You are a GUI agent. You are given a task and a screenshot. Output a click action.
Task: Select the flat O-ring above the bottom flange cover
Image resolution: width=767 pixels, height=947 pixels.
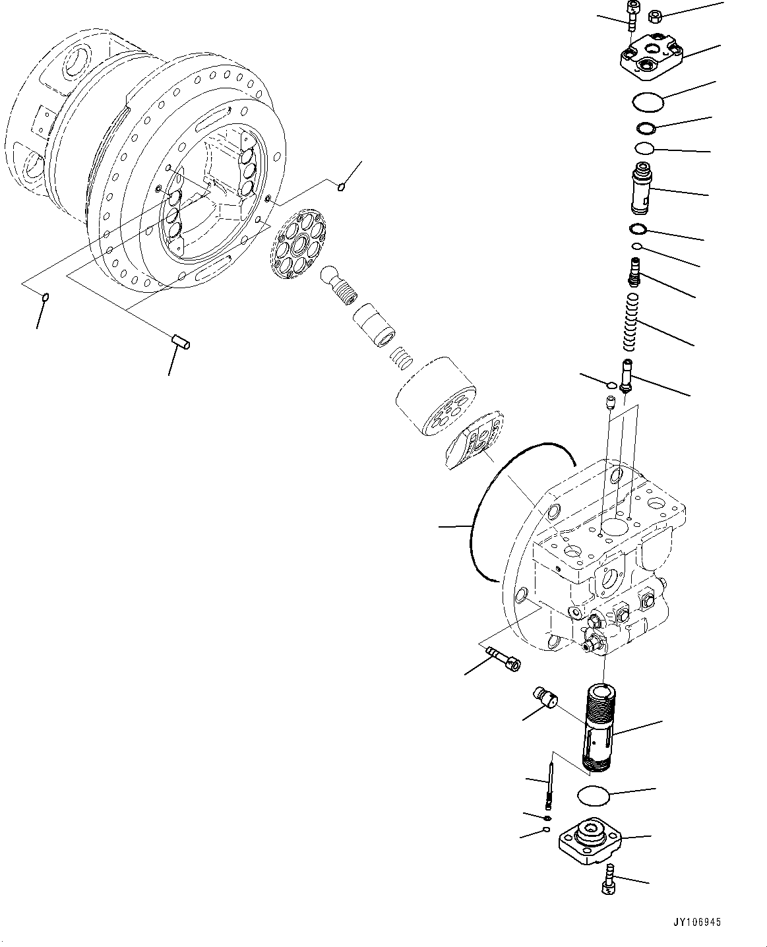coord(594,795)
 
